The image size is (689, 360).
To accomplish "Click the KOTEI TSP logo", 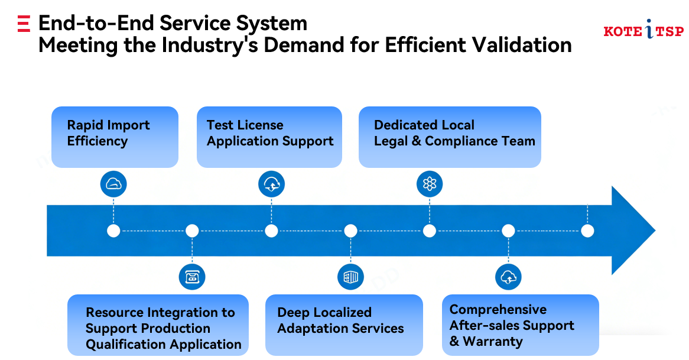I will click(x=643, y=31).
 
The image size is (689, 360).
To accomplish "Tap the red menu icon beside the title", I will click(x=24, y=24).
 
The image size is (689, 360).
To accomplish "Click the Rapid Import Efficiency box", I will click(x=115, y=137).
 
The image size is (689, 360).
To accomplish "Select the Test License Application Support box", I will click(x=269, y=137).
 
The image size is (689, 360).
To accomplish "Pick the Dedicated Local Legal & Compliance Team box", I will click(x=450, y=137).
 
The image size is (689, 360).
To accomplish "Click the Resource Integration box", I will click(x=158, y=325).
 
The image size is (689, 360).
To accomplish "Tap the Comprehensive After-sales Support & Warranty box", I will click(x=520, y=325).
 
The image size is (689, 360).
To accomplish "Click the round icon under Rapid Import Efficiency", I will click(x=113, y=184).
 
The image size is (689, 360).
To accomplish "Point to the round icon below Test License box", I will click(x=271, y=184).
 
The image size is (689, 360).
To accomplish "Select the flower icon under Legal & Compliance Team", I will click(x=430, y=184).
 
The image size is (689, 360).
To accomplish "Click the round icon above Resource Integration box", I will click(x=192, y=276).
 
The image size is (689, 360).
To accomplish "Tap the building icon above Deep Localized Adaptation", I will click(x=350, y=276).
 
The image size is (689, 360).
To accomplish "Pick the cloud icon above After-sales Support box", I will click(x=508, y=276).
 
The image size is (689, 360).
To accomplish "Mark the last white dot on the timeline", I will click(x=587, y=231).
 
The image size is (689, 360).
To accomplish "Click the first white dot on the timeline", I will click(x=113, y=231).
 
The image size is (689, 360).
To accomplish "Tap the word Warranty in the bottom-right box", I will click(x=493, y=341).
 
